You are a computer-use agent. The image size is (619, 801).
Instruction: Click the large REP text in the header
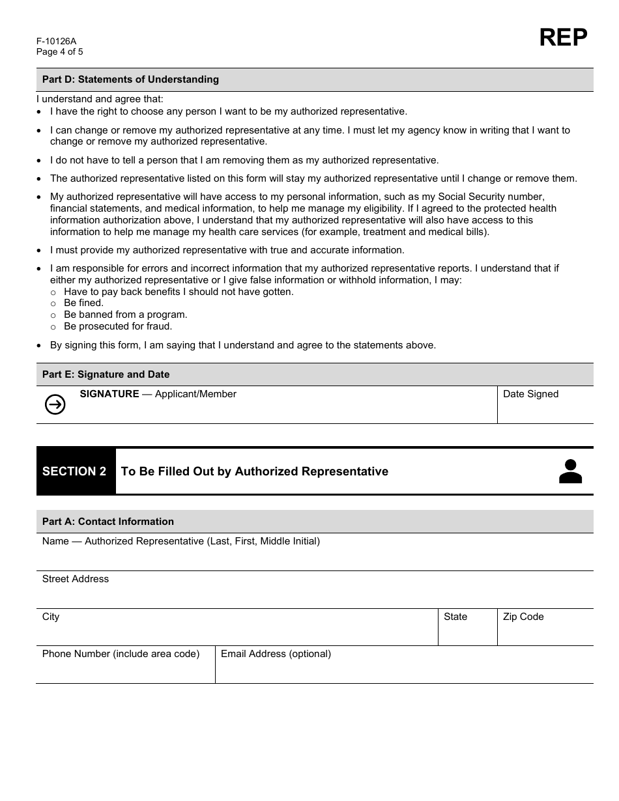[x=563, y=38]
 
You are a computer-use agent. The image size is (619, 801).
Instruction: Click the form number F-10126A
[x=57, y=41]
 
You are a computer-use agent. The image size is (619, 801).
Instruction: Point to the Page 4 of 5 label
[x=60, y=52]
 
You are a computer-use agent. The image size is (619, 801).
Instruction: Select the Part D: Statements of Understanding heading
[x=130, y=79]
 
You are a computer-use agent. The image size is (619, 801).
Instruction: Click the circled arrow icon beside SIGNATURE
[x=55, y=405]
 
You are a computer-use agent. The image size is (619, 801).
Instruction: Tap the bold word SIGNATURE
[x=109, y=394]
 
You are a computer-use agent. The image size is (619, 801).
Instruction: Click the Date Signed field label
[x=530, y=394]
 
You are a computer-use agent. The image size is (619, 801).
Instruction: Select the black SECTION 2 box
[x=75, y=471]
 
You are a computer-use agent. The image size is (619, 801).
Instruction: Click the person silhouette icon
[x=570, y=471]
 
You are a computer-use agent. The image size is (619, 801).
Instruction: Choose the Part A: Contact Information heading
[x=108, y=522]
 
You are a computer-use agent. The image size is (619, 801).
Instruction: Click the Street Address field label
[x=76, y=579]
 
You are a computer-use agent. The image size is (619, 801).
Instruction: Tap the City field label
[x=51, y=617]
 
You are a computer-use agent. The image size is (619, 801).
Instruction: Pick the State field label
[x=455, y=617]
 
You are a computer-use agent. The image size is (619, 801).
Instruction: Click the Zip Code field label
[x=523, y=617]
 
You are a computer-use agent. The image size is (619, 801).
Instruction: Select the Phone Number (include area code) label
[x=121, y=654]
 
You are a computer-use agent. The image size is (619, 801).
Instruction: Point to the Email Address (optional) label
[x=276, y=654]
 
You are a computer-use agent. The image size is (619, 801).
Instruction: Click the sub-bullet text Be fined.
[x=83, y=303]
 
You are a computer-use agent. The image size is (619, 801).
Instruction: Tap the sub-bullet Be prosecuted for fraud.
[x=118, y=326]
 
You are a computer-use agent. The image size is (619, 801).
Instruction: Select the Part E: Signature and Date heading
[x=106, y=374]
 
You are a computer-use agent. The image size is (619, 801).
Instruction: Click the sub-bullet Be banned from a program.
[x=125, y=315]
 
